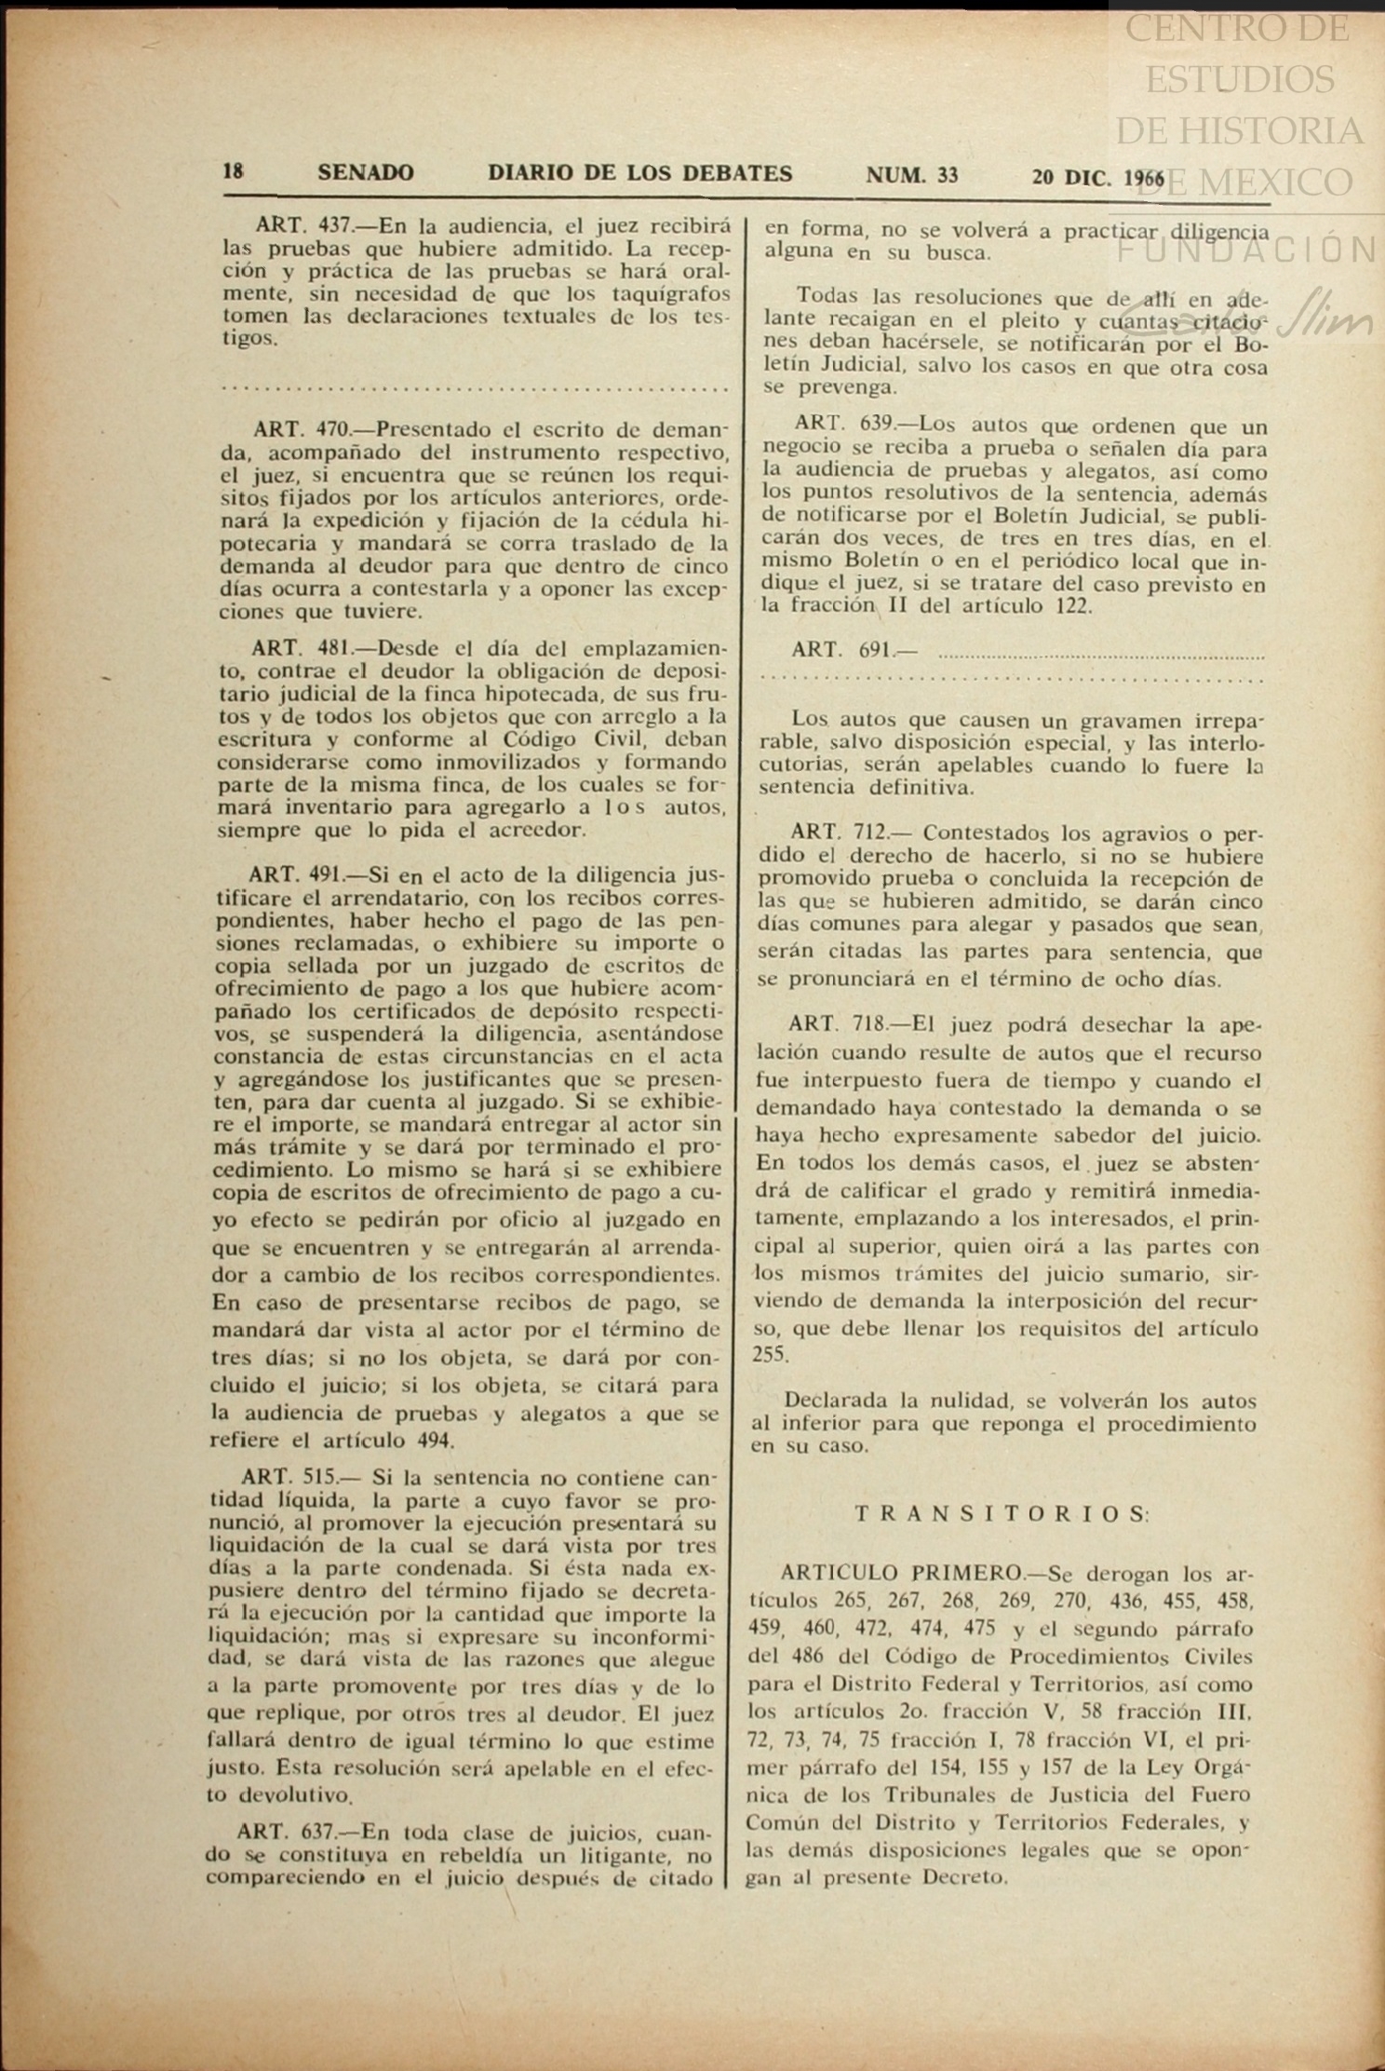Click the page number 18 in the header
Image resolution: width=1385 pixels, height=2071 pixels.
coord(233,172)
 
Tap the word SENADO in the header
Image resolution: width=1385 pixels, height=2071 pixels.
coord(366,173)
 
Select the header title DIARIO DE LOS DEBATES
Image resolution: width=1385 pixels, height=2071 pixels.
coord(640,173)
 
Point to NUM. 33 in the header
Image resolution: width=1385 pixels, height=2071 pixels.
coord(912,175)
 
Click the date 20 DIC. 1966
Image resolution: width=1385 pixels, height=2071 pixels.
coord(1097,177)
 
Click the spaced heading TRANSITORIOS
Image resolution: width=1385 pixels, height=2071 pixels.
coord(1001,1513)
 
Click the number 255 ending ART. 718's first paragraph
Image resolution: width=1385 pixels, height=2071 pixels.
coord(769,1355)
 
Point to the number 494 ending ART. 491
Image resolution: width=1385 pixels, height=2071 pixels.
coord(434,1441)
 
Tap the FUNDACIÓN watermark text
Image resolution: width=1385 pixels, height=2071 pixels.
coord(1247,250)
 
